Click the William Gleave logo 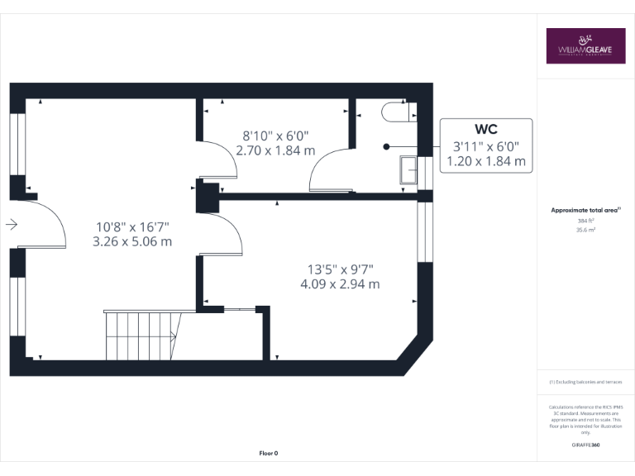pyautogui.click(x=585, y=46)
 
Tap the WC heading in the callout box pyautogui.click(x=485, y=129)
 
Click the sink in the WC pyautogui.click(x=408, y=169)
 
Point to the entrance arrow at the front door pyautogui.click(x=11, y=224)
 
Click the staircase pyautogui.click(x=141, y=335)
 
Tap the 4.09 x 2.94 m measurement pyautogui.click(x=341, y=284)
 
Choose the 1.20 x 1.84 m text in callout pyautogui.click(x=485, y=162)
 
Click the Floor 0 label pyautogui.click(x=269, y=453)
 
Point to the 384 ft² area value pyautogui.click(x=585, y=221)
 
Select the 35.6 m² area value pyautogui.click(x=585, y=231)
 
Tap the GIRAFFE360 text pyautogui.click(x=585, y=445)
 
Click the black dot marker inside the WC pyautogui.click(x=386, y=146)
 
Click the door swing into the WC pyautogui.click(x=327, y=165)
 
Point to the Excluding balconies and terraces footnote pyautogui.click(x=585, y=382)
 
